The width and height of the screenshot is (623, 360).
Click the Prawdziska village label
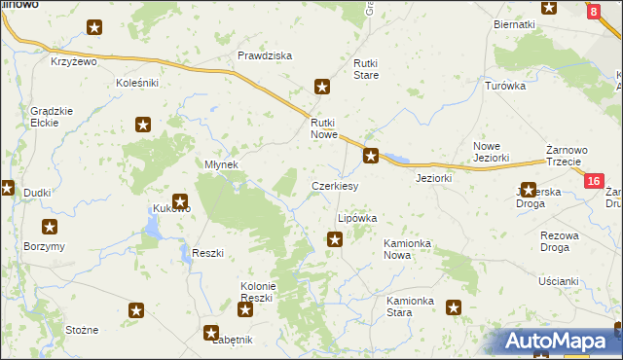265,55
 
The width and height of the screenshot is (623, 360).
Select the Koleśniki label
136,83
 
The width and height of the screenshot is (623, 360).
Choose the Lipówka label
356,219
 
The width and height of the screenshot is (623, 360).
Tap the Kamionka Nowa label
411,248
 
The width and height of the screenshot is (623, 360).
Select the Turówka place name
505,86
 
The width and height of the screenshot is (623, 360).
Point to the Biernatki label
515,23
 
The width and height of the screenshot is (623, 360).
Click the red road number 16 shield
595,181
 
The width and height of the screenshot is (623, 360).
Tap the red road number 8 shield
594,12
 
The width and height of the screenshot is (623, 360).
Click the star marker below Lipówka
335,238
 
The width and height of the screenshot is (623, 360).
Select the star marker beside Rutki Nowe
370,154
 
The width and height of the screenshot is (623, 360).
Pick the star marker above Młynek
143,124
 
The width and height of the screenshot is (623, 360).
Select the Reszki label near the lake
208,253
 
